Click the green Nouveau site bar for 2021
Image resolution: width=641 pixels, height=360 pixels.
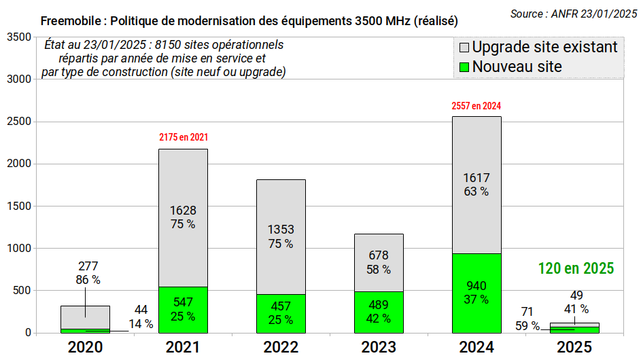[x=183, y=310]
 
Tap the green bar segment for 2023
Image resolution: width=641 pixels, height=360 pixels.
[x=379, y=312]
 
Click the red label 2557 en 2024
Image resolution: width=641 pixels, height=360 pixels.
[x=476, y=106]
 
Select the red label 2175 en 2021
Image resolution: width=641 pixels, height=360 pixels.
[x=184, y=137]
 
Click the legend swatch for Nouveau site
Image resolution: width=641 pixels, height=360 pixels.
[x=464, y=67]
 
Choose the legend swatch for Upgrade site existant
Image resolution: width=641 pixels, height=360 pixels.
[x=464, y=48]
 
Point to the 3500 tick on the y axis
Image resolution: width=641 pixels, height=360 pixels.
[x=18, y=37]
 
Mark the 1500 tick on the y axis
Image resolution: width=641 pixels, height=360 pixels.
[x=18, y=206]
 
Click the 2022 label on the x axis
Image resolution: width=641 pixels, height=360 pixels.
[x=281, y=347]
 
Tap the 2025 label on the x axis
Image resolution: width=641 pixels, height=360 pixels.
[x=574, y=347]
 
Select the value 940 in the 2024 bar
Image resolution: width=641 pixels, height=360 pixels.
[x=476, y=285]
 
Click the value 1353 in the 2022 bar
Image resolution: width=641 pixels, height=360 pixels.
[x=281, y=230]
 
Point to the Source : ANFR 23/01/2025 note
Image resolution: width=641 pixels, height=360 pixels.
[x=573, y=14]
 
